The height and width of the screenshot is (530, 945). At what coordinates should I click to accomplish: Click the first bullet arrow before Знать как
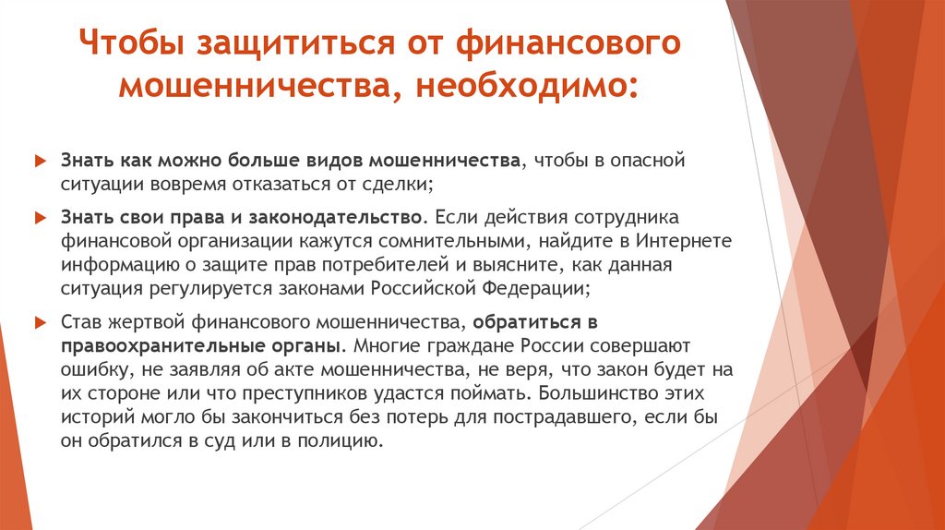point(39,161)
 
